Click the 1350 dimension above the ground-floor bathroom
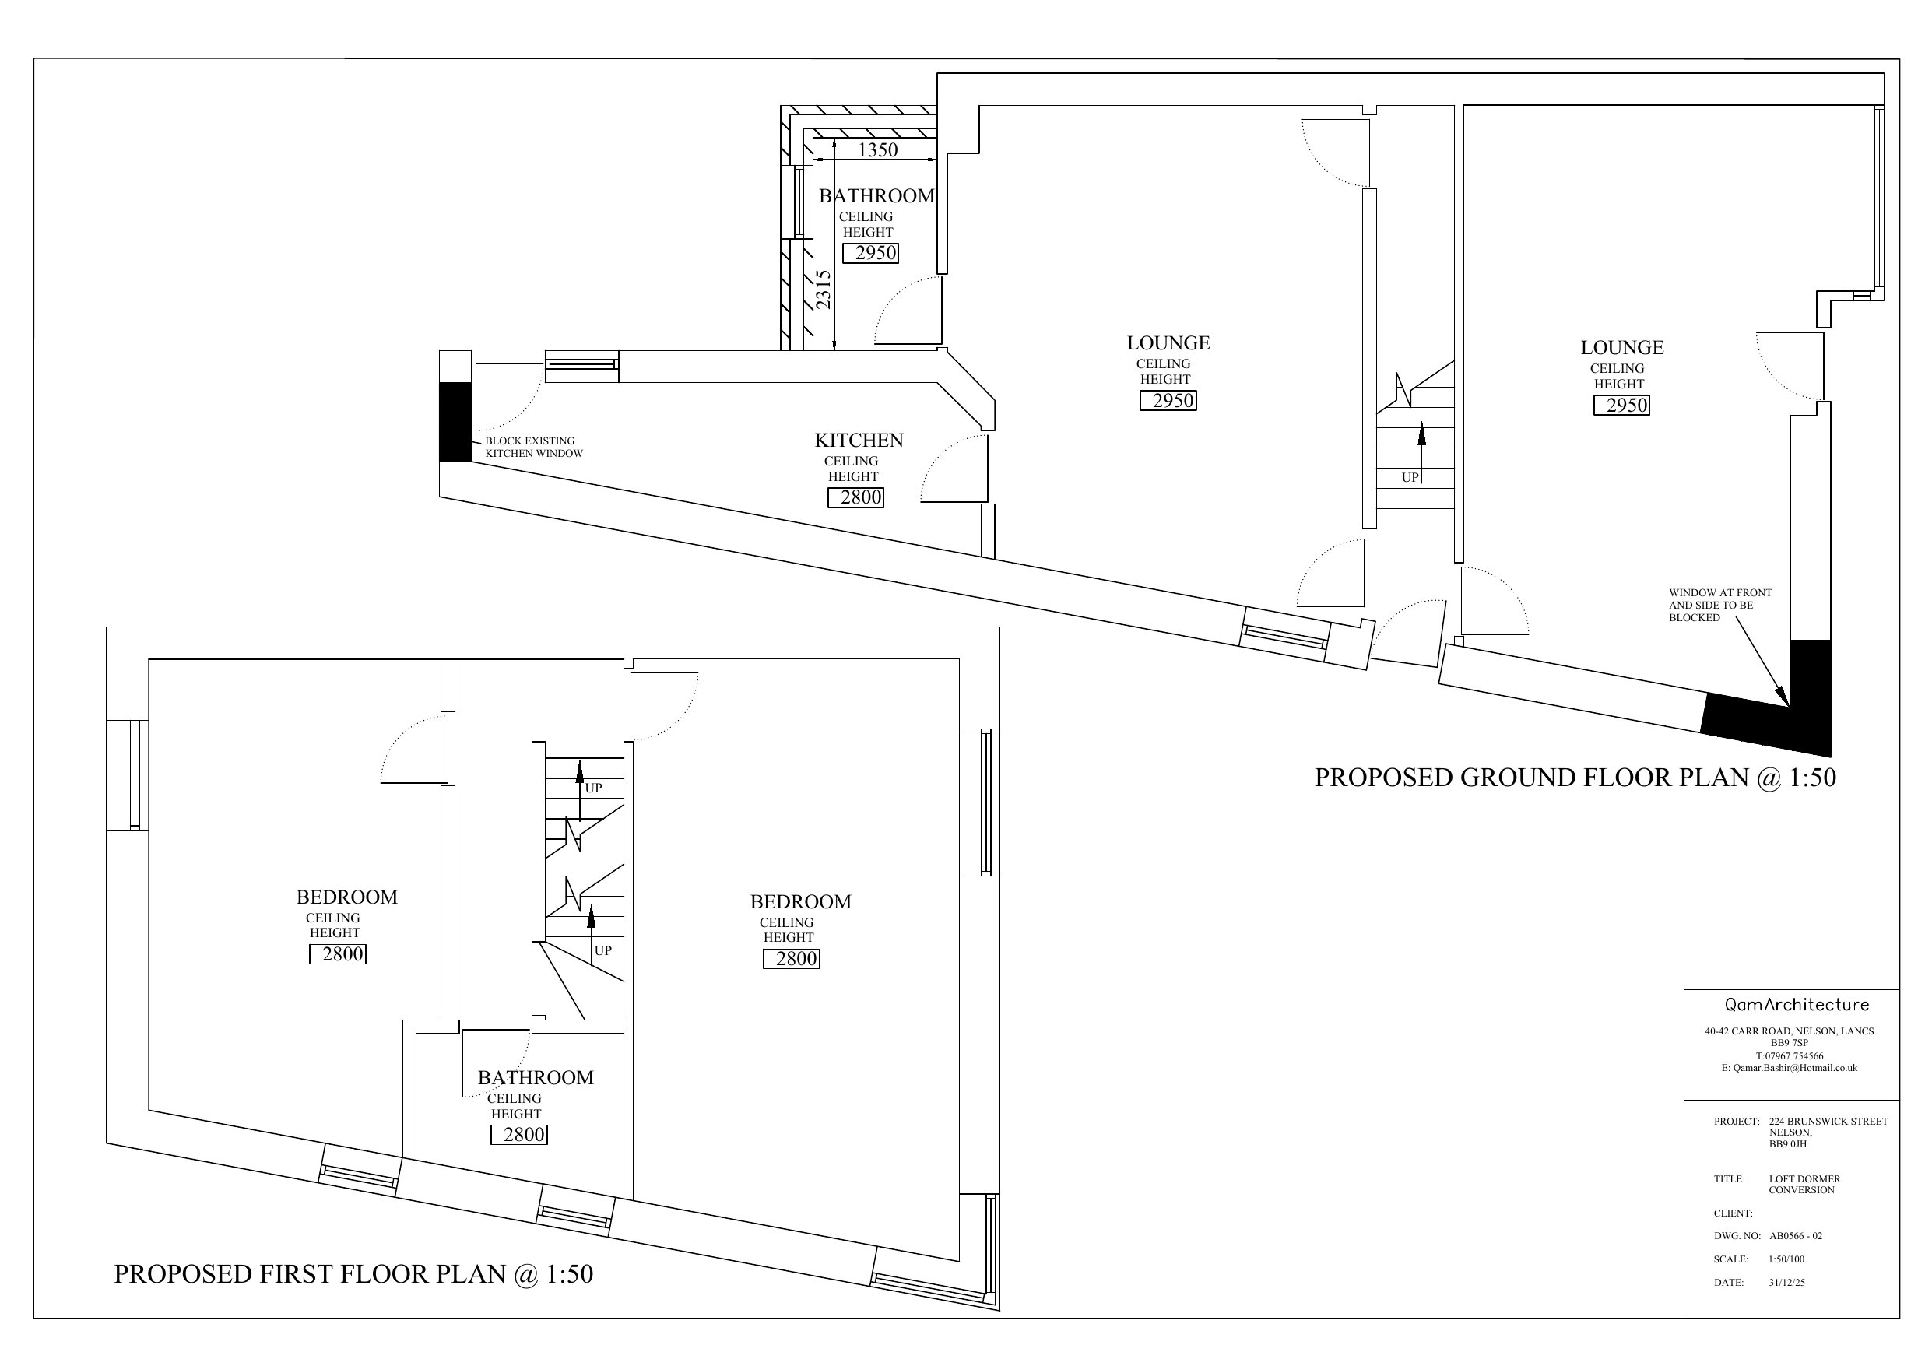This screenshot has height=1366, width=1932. (877, 149)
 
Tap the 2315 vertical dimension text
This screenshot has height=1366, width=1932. (823, 290)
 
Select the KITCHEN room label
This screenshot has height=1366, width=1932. (859, 441)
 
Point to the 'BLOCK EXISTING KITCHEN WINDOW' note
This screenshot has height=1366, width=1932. (533, 447)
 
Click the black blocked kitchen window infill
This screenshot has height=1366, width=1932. (455, 422)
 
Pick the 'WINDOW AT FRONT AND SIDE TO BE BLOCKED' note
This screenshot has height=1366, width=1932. (1720, 605)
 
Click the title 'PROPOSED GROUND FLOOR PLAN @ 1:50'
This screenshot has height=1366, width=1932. (1575, 778)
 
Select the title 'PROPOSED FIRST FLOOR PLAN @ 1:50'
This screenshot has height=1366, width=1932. (353, 1274)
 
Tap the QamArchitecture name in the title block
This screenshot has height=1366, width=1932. (1797, 1005)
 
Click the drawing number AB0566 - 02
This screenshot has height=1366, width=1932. (1796, 1236)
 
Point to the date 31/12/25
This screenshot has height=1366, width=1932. (1786, 1283)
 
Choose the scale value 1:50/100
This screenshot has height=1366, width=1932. (1786, 1260)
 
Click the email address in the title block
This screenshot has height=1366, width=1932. (1789, 1068)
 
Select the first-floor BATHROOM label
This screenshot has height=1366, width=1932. (536, 1078)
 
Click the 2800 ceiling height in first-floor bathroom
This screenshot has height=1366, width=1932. (524, 1135)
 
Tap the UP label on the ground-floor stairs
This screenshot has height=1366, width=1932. (1410, 478)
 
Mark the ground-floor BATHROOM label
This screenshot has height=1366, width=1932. (876, 196)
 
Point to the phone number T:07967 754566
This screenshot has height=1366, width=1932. (1790, 1056)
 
